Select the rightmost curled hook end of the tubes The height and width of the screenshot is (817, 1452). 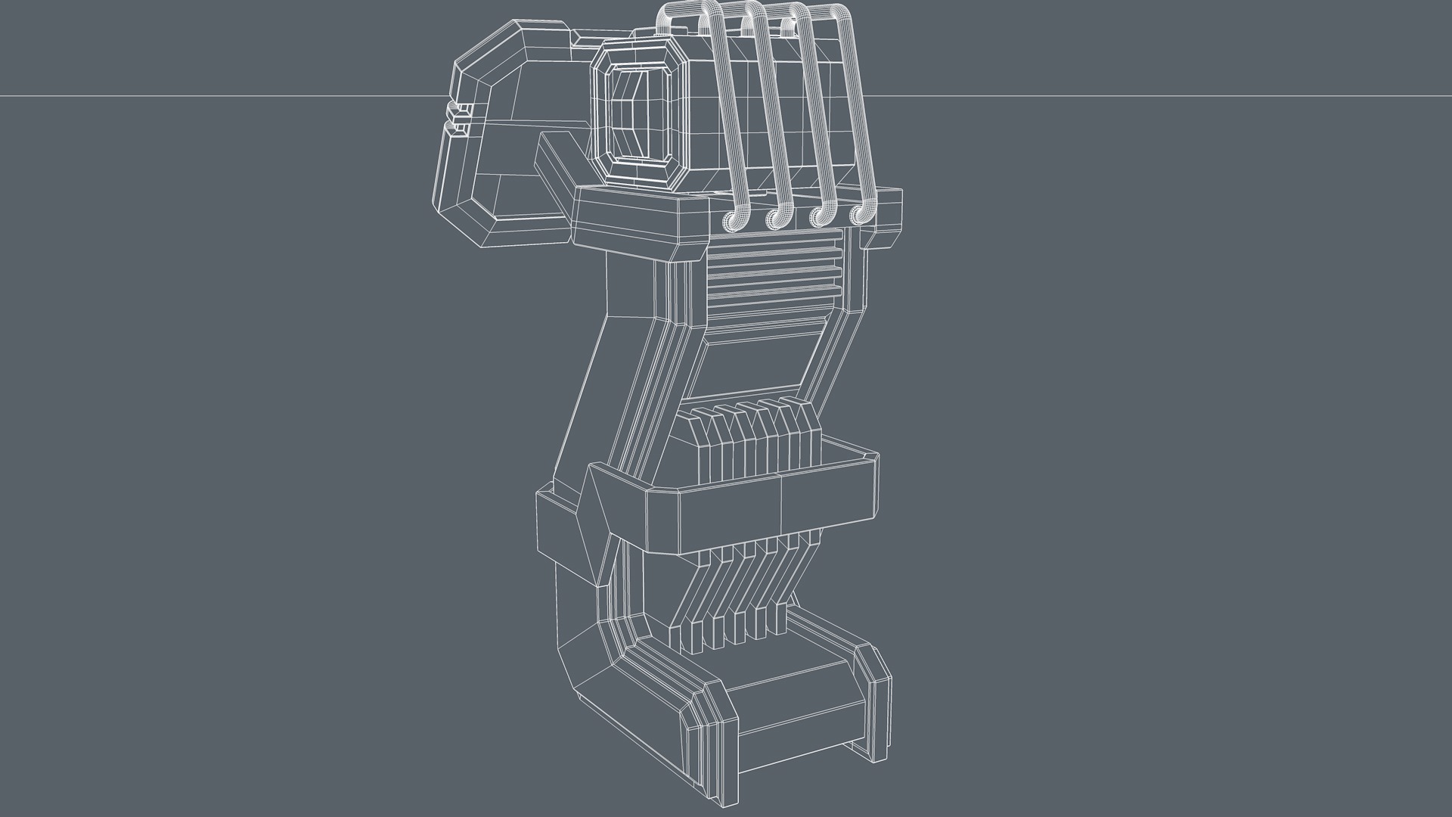pyautogui.click(x=861, y=214)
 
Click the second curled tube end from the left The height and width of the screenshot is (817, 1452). pyautogui.click(x=777, y=218)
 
